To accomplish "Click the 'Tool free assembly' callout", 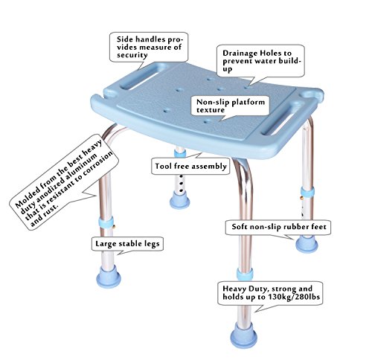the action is (190, 166).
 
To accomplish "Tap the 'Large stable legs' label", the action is (127, 243).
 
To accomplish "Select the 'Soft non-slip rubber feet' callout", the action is (278, 227).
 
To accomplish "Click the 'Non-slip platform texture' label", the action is (231, 106).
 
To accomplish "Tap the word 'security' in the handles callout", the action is (132, 55).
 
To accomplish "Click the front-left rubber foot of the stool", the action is (109, 277).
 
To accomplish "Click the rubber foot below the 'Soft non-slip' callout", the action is (307, 243).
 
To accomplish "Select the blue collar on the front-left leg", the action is (106, 222).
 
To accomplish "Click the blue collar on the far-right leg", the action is (307, 193).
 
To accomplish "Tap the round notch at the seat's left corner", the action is (109, 92).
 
